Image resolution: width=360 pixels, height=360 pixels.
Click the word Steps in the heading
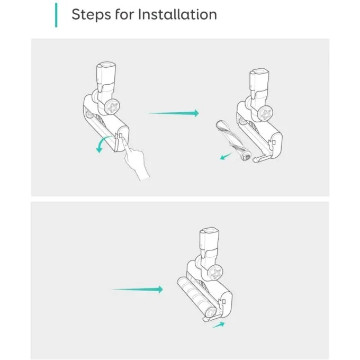click(91, 15)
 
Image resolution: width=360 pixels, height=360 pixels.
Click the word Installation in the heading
click(177, 14)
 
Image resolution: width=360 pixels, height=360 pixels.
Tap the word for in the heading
click(124, 14)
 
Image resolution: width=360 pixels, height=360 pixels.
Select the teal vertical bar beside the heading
click(56, 15)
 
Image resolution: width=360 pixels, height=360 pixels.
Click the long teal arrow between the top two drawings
click(174, 113)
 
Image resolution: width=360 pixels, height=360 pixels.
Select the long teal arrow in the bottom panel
click(138, 289)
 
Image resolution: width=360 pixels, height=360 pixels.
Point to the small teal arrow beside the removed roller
click(226, 157)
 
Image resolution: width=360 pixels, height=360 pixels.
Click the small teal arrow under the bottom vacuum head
click(218, 325)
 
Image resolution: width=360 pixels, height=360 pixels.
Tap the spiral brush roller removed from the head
click(232, 140)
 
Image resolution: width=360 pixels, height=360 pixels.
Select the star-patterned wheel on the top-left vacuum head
click(112, 107)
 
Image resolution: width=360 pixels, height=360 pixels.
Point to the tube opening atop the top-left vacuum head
click(107, 65)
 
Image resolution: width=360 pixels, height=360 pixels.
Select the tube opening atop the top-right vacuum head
click(260, 71)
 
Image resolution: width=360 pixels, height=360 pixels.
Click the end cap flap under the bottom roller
click(211, 318)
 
